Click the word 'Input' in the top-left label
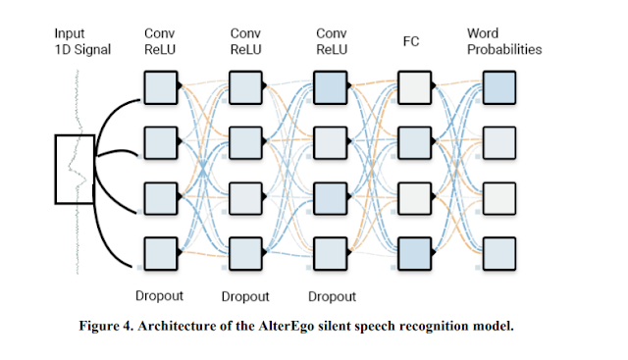pos(70,34)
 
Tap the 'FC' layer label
pos(411,41)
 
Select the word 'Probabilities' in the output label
pos(504,49)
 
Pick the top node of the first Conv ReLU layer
pos(161,87)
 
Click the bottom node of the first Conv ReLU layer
pos(161,254)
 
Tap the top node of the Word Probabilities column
pos(499,87)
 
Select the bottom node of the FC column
pos(414,254)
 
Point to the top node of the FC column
pos(414,87)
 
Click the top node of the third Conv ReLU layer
pos(330,87)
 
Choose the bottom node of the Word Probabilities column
pos(499,254)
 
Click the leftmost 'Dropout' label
pos(159,296)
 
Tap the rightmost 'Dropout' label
pos(332,296)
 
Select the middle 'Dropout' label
pos(245,296)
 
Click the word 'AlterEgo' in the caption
pos(286,326)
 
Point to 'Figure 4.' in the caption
pos(106,326)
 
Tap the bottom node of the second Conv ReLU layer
pos(245,254)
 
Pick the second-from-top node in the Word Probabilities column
pos(499,143)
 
